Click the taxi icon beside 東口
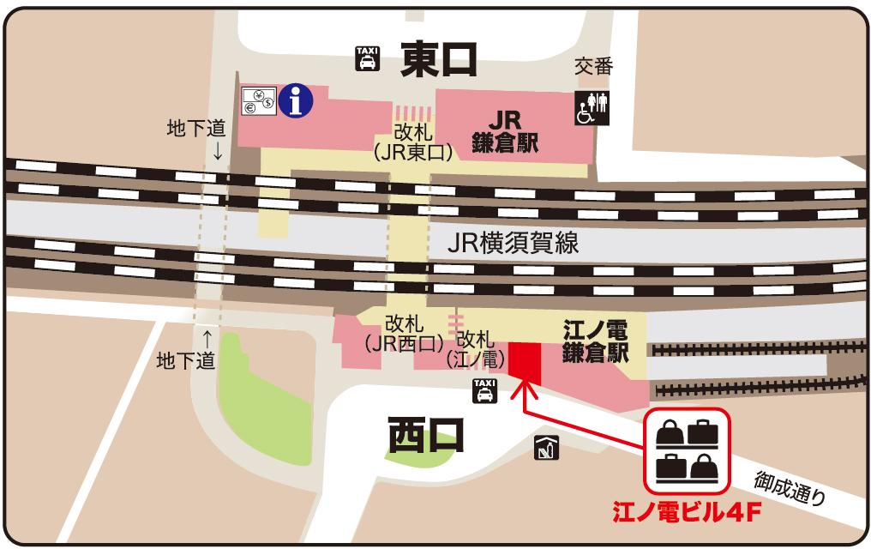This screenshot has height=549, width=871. [367, 59]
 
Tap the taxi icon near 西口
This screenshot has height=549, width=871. [484, 390]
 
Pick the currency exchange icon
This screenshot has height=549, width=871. [258, 102]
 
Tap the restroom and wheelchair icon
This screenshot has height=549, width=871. [592, 107]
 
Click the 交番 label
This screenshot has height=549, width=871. [593, 67]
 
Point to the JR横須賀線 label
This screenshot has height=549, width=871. [513, 243]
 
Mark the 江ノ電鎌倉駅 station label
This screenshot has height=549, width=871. [594, 341]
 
